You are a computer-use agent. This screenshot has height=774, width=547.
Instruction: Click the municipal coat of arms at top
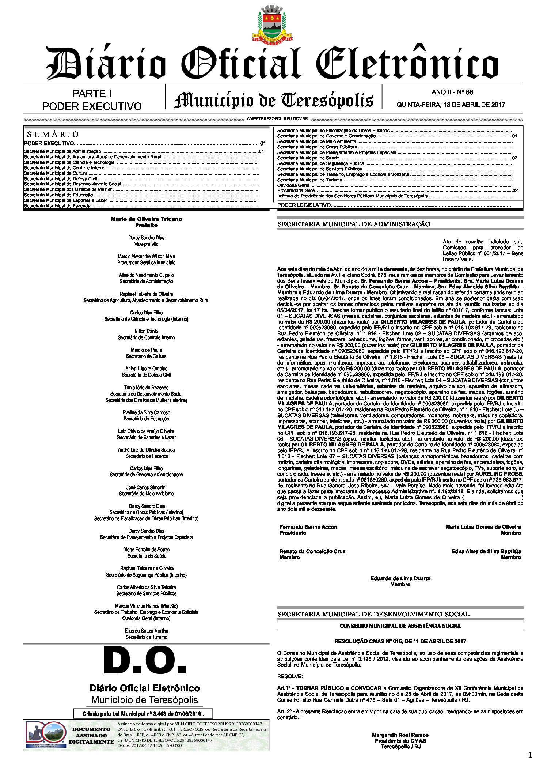pos(273,24)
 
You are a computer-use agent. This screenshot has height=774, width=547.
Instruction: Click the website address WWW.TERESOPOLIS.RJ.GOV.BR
pos(277,119)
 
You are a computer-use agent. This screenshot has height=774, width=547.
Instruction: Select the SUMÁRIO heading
pos(53,135)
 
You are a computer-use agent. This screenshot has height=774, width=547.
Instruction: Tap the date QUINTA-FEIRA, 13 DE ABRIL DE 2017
pos(451,105)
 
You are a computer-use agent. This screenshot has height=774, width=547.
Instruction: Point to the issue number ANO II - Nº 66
pos(452,92)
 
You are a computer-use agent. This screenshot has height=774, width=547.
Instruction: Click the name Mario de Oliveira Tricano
pos(146,219)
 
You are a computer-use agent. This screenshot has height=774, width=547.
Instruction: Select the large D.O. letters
pos(145,661)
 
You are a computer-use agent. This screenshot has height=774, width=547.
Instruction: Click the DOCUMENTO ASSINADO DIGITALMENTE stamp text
pos(91,736)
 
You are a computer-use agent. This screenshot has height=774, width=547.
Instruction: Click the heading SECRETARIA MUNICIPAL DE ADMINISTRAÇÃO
pos(353,224)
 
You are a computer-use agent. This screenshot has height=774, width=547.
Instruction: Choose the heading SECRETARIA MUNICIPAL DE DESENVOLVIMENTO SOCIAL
pos(373,614)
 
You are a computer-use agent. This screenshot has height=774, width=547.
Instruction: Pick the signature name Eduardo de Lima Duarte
pos(400,578)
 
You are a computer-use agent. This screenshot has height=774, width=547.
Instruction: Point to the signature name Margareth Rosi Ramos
pos(400,735)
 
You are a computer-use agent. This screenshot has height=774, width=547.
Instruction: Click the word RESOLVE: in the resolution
pos(290,677)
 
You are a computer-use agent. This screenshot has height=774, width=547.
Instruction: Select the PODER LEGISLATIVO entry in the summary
pos(304,205)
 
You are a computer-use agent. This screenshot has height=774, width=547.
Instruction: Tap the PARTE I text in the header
pos(92,94)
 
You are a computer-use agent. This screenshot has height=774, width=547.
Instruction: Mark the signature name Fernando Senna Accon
pos(308,527)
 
